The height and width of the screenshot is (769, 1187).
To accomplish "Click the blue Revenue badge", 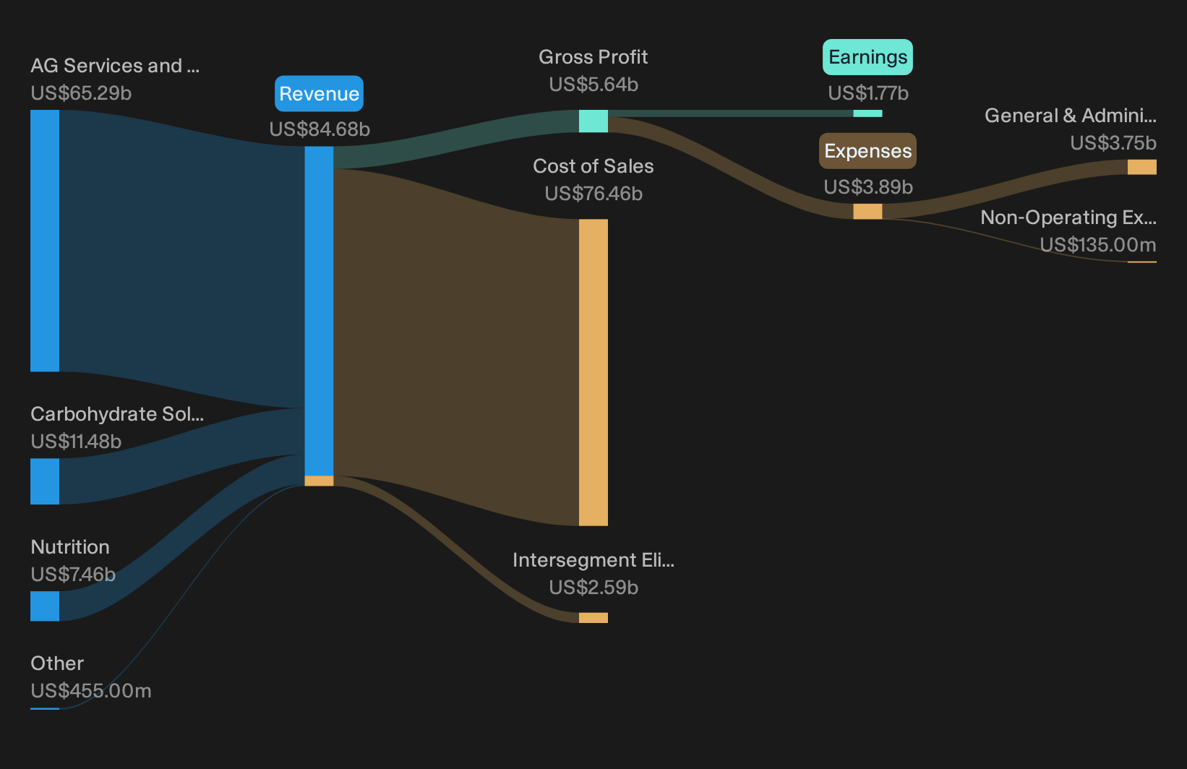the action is tap(319, 94).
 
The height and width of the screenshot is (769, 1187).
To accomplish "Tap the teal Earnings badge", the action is tap(867, 57).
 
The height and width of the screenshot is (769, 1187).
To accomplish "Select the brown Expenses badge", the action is tap(867, 151).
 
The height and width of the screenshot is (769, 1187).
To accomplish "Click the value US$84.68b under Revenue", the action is tap(319, 129).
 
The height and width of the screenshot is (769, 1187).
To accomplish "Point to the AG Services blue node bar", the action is tap(45, 241).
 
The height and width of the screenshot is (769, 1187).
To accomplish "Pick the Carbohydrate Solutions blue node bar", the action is tap(45, 481).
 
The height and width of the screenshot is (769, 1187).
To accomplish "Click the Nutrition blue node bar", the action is tap(45, 606).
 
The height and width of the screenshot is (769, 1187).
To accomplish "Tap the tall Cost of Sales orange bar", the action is tap(593, 373).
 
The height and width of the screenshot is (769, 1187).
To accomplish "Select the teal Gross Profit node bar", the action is tap(593, 121).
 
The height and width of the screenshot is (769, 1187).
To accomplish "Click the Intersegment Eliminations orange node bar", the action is tap(593, 618).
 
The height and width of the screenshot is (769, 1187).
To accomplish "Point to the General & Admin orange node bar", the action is tap(1142, 167).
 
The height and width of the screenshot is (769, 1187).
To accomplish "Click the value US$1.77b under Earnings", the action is tap(868, 93).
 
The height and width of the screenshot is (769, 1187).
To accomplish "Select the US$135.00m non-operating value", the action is tap(1098, 245).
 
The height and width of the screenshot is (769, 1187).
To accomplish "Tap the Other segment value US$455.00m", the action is tap(91, 691).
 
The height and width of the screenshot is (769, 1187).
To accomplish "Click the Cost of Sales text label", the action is tap(593, 166).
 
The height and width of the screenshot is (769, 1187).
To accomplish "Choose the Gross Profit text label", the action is tap(593, 57).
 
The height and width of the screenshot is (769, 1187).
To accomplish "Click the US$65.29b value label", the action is tap(81, 93).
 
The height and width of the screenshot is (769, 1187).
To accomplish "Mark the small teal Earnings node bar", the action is tap(867, 113).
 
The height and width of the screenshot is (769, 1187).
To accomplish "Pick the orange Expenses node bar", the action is tap(867, 212).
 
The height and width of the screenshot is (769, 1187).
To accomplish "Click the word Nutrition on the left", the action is tap(70, 547).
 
